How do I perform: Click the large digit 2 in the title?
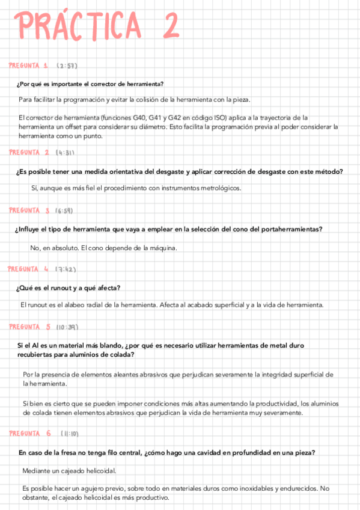(x=168, y=26)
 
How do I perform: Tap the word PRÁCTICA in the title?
(x=79, y=26)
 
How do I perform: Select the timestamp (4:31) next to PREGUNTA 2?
(x=66, y=152)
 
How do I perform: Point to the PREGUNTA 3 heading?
(x=29, y=210)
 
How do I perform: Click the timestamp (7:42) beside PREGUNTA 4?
(x=66, y=268)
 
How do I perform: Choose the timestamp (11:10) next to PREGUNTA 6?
(x=71, y=433)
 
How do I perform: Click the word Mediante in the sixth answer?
(x=37, y=470)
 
